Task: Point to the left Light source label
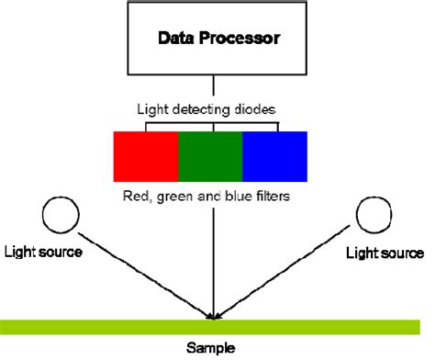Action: (43, 251)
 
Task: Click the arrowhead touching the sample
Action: (214, 317)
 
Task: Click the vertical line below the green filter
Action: (214, 257)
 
